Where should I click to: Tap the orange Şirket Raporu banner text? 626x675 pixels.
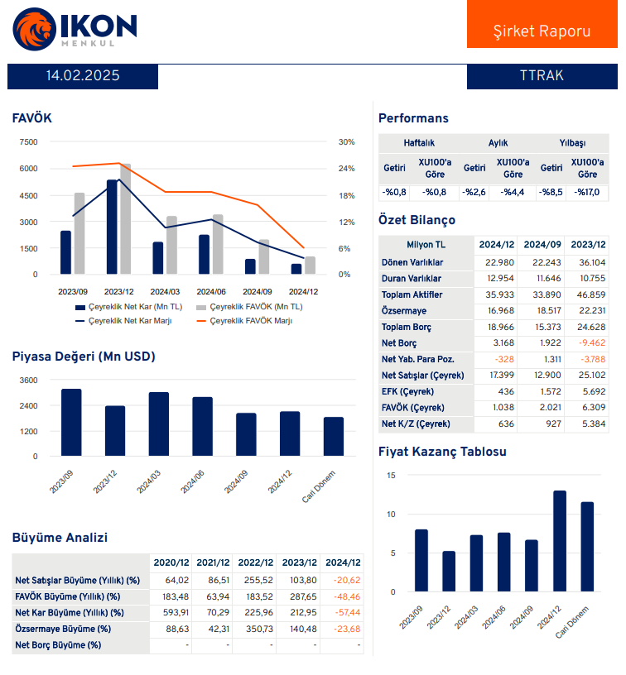tap(542, 31)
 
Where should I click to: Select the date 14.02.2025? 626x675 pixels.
tap(83, 75)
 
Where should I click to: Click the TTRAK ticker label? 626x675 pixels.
tap(542, 75)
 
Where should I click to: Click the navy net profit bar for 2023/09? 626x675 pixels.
tap(65, 252)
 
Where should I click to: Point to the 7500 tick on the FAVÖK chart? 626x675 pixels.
tap(28, 141)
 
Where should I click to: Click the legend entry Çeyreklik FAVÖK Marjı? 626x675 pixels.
tap(250, 320)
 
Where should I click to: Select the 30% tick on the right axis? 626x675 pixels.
tap(346, 141)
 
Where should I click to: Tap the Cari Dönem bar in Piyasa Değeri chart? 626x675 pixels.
tap(334, 436)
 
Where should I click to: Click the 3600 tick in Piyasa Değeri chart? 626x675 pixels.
tap(28, 380)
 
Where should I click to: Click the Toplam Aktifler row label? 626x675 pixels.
tap(412, 294)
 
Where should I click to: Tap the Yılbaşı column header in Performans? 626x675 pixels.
tap(572, 143)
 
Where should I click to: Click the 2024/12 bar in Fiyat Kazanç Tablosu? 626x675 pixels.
tap(560, 541)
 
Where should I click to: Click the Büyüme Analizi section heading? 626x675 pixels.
tap(60, 538)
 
